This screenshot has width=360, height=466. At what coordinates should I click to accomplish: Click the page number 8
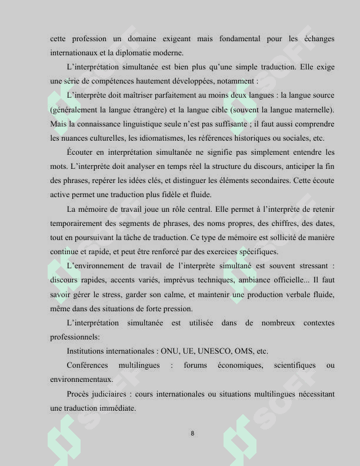point(192,434)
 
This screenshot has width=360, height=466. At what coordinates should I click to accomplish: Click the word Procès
point(79,394)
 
